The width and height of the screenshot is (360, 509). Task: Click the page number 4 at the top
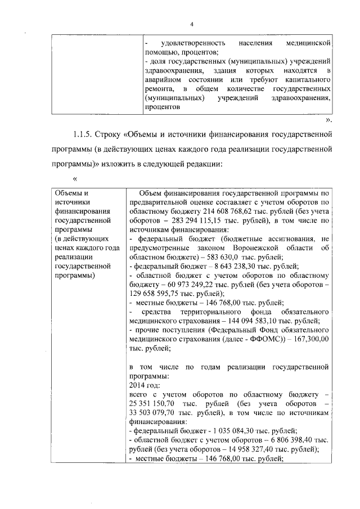[x=192, y=24]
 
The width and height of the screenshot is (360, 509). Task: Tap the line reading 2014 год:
[x=145, y=385]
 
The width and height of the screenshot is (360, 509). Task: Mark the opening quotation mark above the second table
[x=74, y=179]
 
